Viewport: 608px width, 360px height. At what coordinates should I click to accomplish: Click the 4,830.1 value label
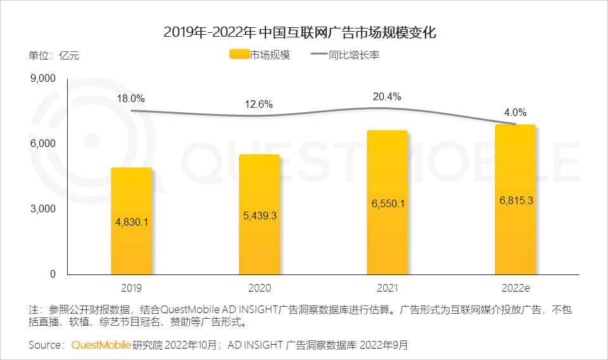(131, 222)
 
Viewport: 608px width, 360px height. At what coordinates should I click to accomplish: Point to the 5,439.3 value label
(259, 215)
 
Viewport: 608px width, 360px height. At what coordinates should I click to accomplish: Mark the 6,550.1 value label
(387, 203)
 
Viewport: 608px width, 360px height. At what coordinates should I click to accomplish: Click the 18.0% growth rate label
(131, 98)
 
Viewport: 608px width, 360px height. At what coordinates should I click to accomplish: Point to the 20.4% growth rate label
(387, 96)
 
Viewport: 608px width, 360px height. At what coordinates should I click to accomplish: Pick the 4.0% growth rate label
(516, 112)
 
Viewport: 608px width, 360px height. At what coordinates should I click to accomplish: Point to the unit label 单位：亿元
(54, 55)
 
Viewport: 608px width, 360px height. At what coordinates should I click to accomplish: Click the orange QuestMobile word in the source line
(101, 345)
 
